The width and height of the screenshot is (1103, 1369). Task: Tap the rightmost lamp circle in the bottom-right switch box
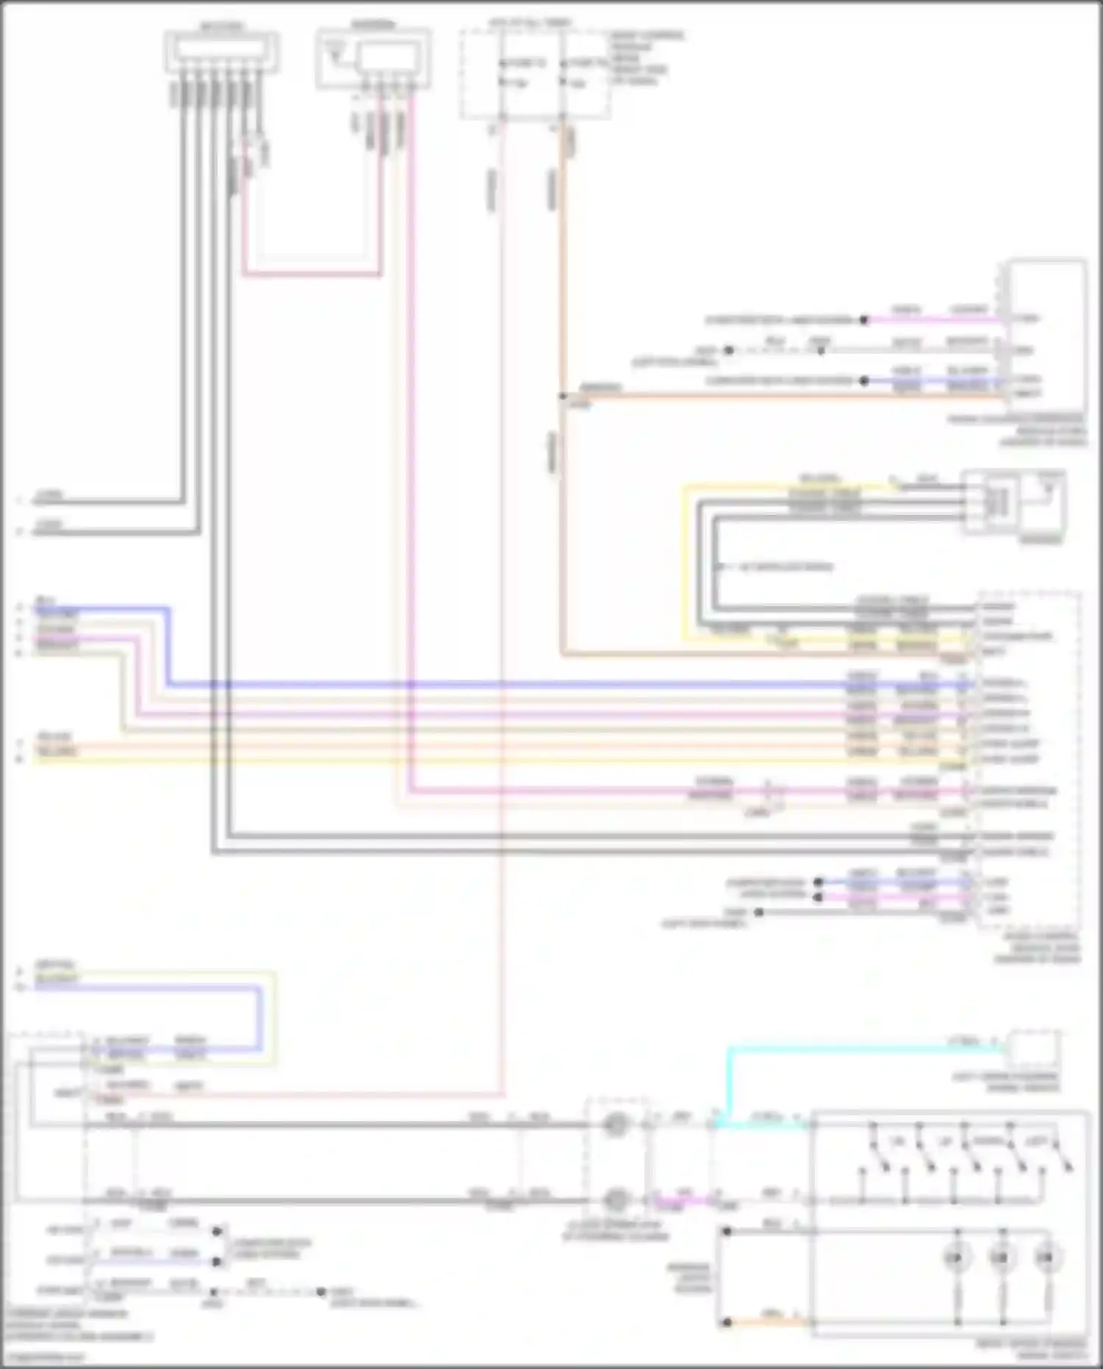tap(1046, 1259)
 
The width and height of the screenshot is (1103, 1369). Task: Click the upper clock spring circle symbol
tap(615, 1125)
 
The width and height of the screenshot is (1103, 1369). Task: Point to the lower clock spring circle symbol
tap(615, 1201)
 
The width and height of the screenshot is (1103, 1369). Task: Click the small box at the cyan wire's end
tap(1033, 1049)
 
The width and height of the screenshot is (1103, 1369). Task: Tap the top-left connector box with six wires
tap(221, 51)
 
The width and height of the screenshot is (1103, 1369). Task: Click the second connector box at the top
tap(374, 59)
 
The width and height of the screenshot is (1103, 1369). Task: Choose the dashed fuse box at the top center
tap(535, 74)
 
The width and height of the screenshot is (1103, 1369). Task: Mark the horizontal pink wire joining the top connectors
tap(313, 276)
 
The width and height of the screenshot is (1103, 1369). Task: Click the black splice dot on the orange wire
tap(563, 397)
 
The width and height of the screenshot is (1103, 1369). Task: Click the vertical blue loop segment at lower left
tap(259, 1019)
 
